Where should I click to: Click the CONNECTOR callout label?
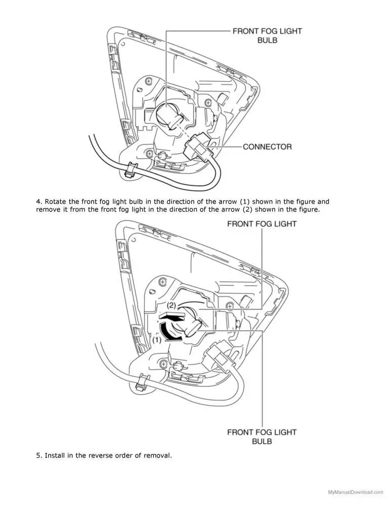pyautogui.click(x=267, y=147)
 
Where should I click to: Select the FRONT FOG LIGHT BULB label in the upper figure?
pyautogui.click(x=267, y=35)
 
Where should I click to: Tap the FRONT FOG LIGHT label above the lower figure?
pyautogui.click(x=262, y=223)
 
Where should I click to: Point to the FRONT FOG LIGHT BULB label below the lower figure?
pyautogui.click(x=262, y=436)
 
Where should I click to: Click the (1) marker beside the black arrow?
pyautogui.click(x=157, y=340)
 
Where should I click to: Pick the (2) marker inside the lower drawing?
pyautogui.click(x=171, y=306)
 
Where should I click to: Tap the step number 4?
pyautogui.click(x=38, y=201)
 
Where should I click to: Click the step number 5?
pyautogui.click(x=38, y=456)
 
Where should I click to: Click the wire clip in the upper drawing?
pyautogui.click(x=131, y=170)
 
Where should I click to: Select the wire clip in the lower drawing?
pyautogui.click(x=143, y=382)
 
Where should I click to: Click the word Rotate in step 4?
pyautogui.click(x=56, y=201)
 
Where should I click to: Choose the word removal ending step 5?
pyautogui.click(x=158, y=456)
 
